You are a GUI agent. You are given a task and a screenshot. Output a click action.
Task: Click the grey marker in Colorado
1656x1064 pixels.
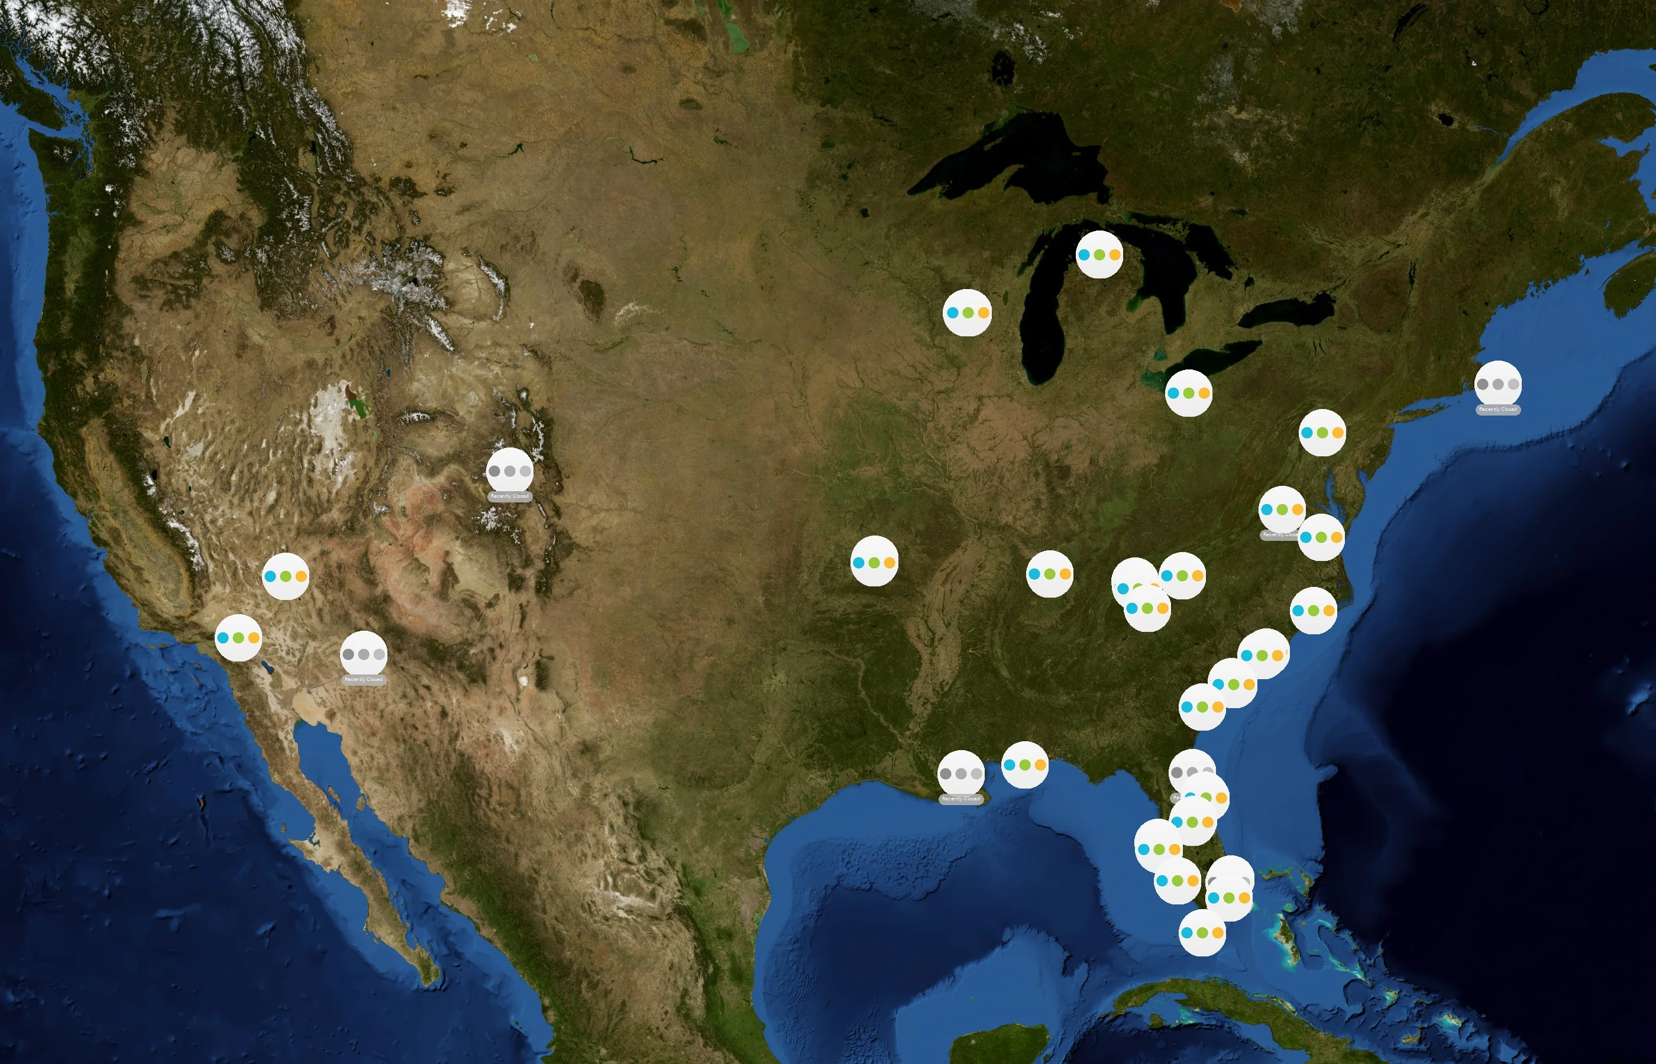coord(509,471)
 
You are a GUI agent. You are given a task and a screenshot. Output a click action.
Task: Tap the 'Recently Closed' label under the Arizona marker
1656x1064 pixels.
coord(363,679)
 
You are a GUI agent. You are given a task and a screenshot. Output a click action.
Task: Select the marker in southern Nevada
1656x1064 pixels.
coord(286,576)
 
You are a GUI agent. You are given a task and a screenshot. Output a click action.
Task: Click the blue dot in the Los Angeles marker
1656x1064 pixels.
coord(223,638)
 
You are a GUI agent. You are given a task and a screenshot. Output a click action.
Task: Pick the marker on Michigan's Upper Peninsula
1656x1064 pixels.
coord(1099,254)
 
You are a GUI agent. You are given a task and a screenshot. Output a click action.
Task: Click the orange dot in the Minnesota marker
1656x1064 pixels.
coord(983,313)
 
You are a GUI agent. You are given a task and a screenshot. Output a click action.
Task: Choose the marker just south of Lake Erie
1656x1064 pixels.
coord(1188,393)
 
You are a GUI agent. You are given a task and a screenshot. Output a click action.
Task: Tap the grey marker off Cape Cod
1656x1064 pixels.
coord(1497,384)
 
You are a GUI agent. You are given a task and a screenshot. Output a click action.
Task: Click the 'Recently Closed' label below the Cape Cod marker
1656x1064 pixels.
coord(1497,409)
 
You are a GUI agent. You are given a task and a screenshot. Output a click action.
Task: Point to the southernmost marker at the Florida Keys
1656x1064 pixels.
coord(1201,933)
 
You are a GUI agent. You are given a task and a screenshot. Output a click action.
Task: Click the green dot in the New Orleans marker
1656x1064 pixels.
coord(1024,765)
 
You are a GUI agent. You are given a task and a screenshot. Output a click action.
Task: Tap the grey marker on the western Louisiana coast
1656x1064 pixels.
coord(960,774)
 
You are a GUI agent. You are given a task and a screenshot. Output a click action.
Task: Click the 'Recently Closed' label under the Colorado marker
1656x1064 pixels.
coord(509,496)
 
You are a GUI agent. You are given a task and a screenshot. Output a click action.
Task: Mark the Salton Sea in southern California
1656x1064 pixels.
coord(267,667)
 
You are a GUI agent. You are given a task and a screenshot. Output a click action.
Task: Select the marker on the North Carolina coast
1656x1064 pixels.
coord(1312,611)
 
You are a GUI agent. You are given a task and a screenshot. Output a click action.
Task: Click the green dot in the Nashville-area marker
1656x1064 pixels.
coord(1049,574)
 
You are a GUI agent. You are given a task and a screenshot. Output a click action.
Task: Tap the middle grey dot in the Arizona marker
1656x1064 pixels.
coord(364,654)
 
